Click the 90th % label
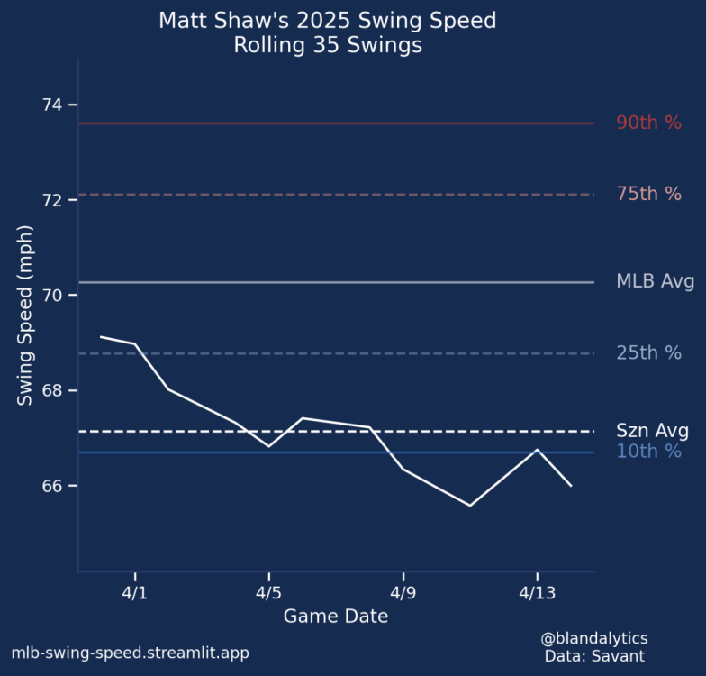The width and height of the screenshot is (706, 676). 648,123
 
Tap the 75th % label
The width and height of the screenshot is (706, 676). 648,194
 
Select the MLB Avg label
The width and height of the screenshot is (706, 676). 655,281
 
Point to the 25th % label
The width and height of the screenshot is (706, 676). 648,353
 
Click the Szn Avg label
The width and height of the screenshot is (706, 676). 652,430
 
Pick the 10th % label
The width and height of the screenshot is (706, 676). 648,452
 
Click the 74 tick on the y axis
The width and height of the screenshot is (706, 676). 52,105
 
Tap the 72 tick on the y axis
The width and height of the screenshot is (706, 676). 52,200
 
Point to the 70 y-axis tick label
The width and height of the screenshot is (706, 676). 52,296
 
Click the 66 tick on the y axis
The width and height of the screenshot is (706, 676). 52,486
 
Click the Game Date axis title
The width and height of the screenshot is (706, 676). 336,617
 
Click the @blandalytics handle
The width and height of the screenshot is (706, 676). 594,639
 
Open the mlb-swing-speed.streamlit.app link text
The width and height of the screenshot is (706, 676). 130,653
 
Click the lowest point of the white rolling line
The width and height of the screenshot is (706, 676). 470,506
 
